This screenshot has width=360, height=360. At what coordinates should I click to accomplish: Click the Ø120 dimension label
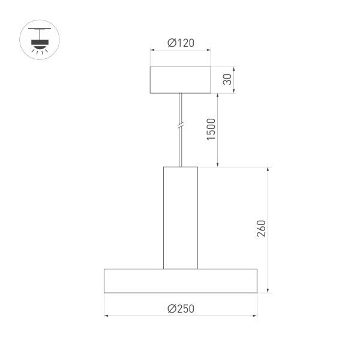tap(181, 43)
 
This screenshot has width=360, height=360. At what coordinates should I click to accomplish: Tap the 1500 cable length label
tap(211, 130)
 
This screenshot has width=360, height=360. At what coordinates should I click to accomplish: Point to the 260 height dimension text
tap(260, 229)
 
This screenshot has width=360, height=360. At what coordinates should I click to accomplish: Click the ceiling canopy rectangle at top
tap(181, 80)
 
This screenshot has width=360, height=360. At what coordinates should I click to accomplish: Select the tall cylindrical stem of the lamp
tap(181, 217)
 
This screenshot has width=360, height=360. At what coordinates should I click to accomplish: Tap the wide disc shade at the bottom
tap(181, 281)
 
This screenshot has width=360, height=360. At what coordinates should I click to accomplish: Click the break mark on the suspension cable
tap(181, 127)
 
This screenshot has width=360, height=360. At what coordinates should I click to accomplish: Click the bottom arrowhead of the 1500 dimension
tap(218, 164)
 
